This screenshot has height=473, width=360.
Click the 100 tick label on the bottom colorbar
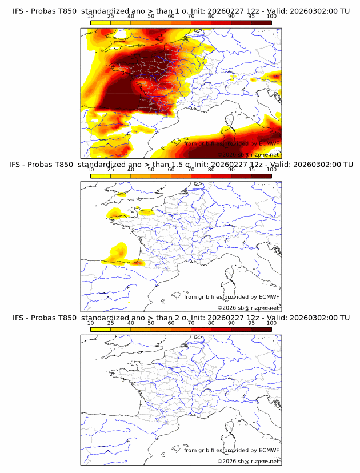pos(271,323)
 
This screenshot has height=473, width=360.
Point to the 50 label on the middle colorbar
pos(151,170)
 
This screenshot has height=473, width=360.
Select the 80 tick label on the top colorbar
pos(211,17)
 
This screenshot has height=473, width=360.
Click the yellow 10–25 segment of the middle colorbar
pos(101,176)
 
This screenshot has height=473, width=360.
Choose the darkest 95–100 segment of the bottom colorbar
pos(261,330)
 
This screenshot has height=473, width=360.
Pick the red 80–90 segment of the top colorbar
pos(221,23)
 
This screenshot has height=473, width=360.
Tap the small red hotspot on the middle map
pos(137,263)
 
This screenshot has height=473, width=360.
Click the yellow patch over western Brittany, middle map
pos(113,214)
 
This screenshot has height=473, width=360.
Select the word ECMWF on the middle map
pos(269,296)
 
